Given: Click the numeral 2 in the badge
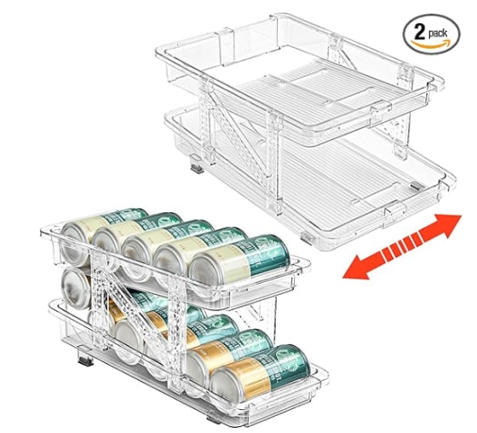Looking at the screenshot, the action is point(419,32).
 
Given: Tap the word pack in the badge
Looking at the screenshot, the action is point(438,34).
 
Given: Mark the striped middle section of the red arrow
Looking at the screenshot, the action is point(402,245).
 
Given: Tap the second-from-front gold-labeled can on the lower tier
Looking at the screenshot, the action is point(229,355).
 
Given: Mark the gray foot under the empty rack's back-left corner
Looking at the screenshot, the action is point(197,165).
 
